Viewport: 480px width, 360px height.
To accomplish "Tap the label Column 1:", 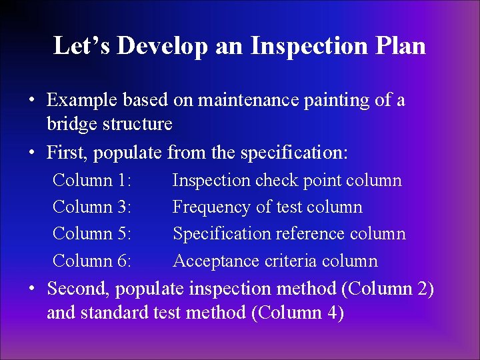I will click(x=92, y=180).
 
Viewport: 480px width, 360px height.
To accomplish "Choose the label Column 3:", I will click(x=92, y=207).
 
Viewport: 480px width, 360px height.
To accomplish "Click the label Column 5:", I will click(x=92, y=234).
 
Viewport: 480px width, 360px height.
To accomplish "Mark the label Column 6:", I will click(x=92, y=261).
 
